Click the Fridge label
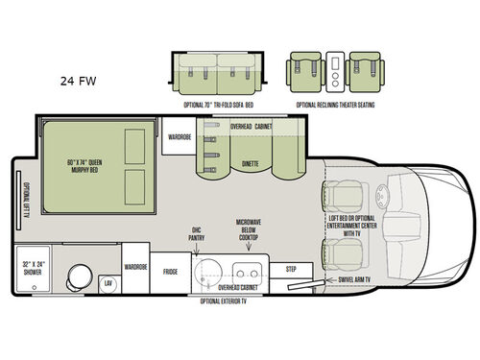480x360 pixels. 170,272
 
